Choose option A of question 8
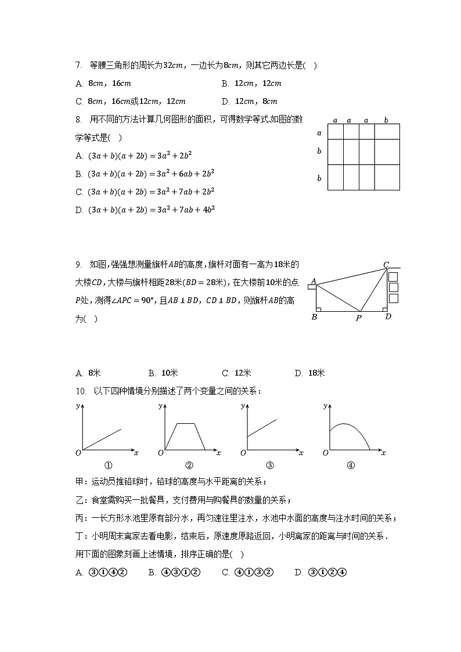134,156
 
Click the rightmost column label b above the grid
387,120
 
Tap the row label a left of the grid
319,132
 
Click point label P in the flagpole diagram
359,318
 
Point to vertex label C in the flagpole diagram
386,265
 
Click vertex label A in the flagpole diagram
314,281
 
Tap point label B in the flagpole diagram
314,317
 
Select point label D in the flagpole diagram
388,316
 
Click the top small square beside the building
393,276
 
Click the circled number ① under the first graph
107,464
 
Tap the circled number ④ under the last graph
351,464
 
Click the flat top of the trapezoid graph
185,424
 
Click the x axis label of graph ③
301,452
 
